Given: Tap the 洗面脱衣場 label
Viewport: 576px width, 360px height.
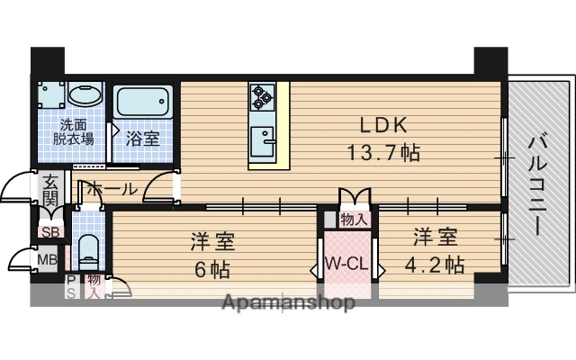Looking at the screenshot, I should (73, 132).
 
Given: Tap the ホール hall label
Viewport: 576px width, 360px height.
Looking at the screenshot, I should (112, 189).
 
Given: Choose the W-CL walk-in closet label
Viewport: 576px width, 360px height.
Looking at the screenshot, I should (345, 265).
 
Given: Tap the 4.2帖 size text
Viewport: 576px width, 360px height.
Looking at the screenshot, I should (436, 265).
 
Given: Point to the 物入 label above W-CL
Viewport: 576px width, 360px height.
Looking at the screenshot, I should (353, 220).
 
